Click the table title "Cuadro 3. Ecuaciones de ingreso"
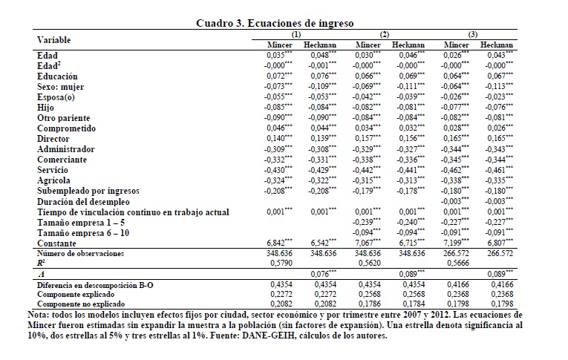point(285,23)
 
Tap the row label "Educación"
point(57,76)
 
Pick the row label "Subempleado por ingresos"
point(92,191)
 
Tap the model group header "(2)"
point(384,34)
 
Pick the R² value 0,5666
point(455,263)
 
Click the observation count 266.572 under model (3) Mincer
point(455,254)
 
